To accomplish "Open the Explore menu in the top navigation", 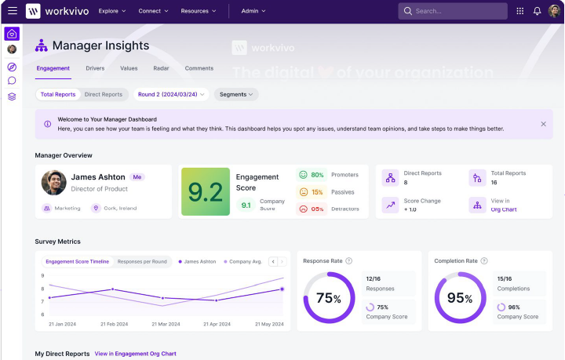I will pyautogui.click(x=112, y=11).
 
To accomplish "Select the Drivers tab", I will pyautogui.click(x=95, y=68).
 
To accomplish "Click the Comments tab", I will pyautogui.click(x=199, y=68).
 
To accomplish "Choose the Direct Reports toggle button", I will pyautogui.click(x=104, y=94).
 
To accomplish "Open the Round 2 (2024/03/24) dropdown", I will pyautogui.click(x=171, y=94).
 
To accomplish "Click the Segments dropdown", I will pyautogui.click(x=236, y=94).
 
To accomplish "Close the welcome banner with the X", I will pyautogui.click(x=543, y=124).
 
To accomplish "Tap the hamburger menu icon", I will pyautogui.click(x=12, y=11).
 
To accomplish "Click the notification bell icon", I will pyautogui.click(x=538, y=11).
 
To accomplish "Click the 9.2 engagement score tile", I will pyautogui.click(x=206, y=192).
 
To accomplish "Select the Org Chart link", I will pyautogui.click(x=504, y=209).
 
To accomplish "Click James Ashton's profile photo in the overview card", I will pyautogui.click(x=54, y=183).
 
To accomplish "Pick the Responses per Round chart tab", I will pyautogui.click(x=142, y=261).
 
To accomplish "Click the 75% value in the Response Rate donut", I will pyautogui.click(x=328, y=298).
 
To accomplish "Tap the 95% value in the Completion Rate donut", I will pyautogui.click(x=460, y=298).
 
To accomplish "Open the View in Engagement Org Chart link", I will pyautogui.click(x=135, y=354).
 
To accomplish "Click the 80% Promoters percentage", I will pyautogui.click(x=317, y=175).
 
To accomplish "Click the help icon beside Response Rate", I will pyautogui.click(x=349, y=261).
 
